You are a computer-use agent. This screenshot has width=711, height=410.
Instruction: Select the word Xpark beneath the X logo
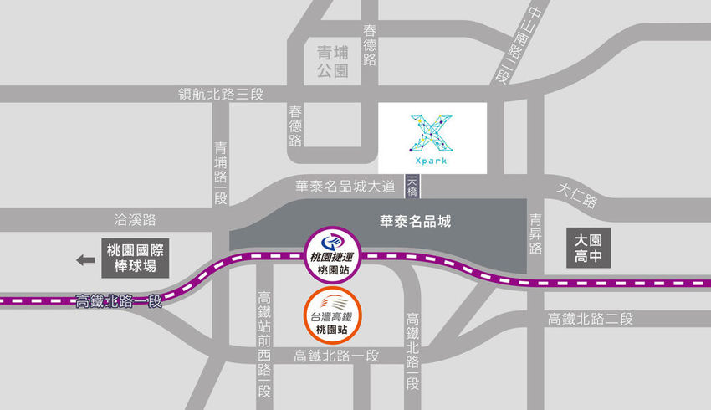point(431,161)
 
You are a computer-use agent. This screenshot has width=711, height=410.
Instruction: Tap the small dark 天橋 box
point(412,186)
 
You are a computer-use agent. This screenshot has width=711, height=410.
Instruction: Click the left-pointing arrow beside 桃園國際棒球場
point(85,260)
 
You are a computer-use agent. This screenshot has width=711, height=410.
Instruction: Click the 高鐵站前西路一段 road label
point(264,343)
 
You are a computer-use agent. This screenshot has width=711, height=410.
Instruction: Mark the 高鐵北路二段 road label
point(591,319)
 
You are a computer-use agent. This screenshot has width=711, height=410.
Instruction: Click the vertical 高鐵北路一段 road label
point(412,351)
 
